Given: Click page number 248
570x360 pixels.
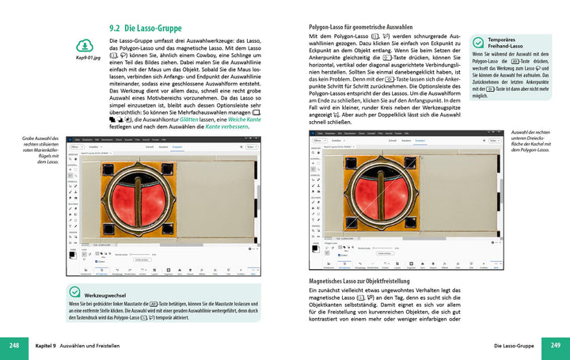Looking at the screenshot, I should (x=14, y=346).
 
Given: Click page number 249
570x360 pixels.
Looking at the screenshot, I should (x=556, y=346).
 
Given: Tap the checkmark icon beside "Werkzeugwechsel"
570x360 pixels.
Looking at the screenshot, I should (x=75, y=292).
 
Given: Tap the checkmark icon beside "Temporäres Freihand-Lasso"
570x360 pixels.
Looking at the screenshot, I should (x=478, y=43).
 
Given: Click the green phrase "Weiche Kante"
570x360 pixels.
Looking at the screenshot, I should (x=241, y=116).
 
